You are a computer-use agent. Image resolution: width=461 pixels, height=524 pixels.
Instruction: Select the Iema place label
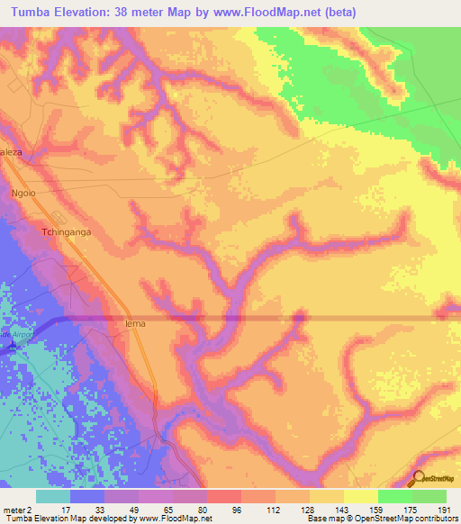click(x=135, y=322)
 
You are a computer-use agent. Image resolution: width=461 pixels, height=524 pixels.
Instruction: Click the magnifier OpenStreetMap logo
click(x=420, y=480)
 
